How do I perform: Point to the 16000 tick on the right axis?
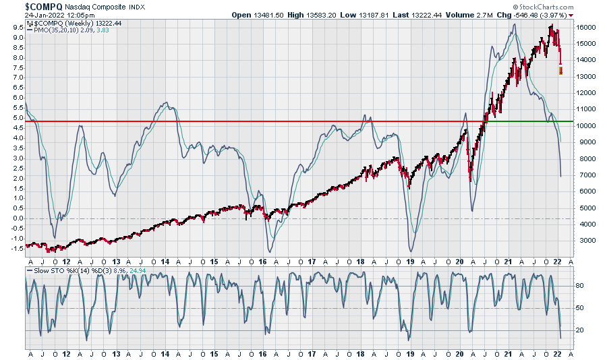(585, 27)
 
